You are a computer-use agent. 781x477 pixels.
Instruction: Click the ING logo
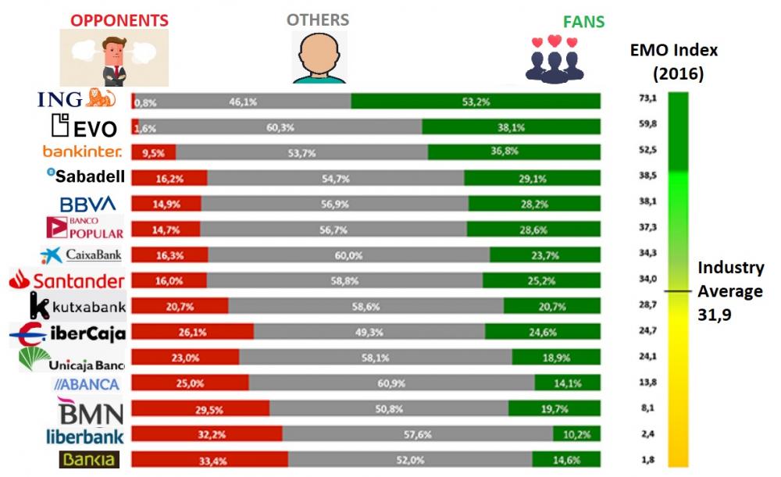point(77,98)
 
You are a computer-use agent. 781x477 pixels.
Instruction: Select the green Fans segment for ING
point(476,101)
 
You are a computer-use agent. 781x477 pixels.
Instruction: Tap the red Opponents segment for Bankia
point(209,459)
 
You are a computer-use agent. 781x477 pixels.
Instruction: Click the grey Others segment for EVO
point(280,126)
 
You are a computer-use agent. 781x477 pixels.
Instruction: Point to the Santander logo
point(66,279)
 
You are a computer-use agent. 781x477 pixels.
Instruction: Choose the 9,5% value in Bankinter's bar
point(153,153)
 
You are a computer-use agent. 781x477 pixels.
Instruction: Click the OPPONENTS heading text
point(119,20)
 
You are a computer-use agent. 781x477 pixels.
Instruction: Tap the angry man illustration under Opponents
point(114,58)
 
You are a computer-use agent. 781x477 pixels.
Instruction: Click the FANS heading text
point(583,22)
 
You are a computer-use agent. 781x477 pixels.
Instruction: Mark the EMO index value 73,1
point(647,98)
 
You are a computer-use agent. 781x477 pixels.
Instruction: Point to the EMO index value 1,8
point(647,460)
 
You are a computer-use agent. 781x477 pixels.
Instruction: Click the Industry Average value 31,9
point(715,315)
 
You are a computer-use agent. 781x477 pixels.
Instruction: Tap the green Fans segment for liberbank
point(577,433)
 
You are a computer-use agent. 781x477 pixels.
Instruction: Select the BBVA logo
point(87,204)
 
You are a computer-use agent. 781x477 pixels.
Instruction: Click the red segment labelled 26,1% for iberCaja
point(193,331)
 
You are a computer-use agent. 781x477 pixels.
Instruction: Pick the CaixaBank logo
point(81,255)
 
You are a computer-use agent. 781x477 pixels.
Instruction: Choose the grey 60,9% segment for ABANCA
point(391,383)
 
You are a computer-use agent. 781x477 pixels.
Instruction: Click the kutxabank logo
point(77,305)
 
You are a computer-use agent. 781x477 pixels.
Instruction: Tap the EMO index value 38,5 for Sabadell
point(647,176)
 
